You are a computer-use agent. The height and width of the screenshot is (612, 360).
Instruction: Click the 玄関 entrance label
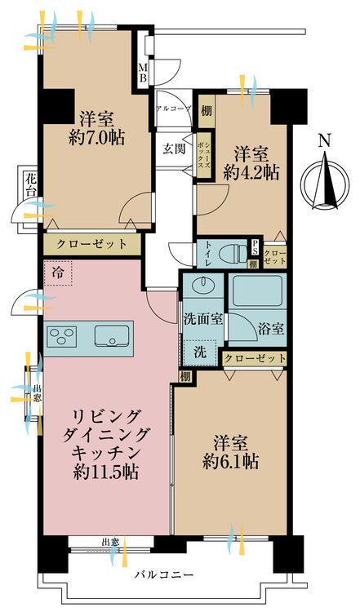(x=173, y=149)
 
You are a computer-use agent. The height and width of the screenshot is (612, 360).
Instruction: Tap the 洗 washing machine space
(x=200, y=353)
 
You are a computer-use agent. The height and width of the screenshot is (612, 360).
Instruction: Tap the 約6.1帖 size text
(x=232, y=461)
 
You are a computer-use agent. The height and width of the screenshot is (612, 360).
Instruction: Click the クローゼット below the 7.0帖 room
(x=92, y=244)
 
